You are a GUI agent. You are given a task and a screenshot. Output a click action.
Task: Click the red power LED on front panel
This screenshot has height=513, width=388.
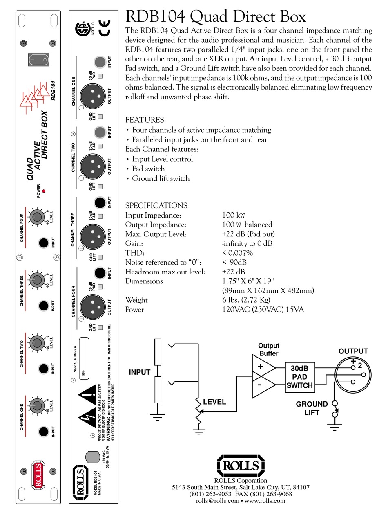click(44, 191)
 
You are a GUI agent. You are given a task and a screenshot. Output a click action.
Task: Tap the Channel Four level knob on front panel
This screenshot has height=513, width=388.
click(37, 217)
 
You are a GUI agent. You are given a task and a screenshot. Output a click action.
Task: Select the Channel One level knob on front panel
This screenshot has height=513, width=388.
click(37, 405)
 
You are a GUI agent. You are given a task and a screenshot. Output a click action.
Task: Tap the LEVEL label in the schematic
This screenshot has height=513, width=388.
click(214, 402)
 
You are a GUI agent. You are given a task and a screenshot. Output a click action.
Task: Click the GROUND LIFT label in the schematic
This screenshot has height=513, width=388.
click(312, 408)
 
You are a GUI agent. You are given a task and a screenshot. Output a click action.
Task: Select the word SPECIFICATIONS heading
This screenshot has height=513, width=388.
click(156, 206)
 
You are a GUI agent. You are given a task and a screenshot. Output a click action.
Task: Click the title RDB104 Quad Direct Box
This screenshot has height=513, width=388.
click(215, 17)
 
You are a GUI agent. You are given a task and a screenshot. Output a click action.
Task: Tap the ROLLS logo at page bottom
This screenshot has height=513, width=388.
click(240, 465)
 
